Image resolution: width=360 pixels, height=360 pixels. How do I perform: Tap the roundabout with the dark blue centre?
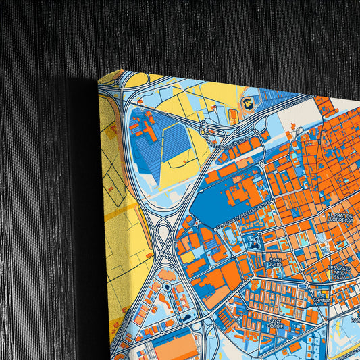click(x=166, y=288)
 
